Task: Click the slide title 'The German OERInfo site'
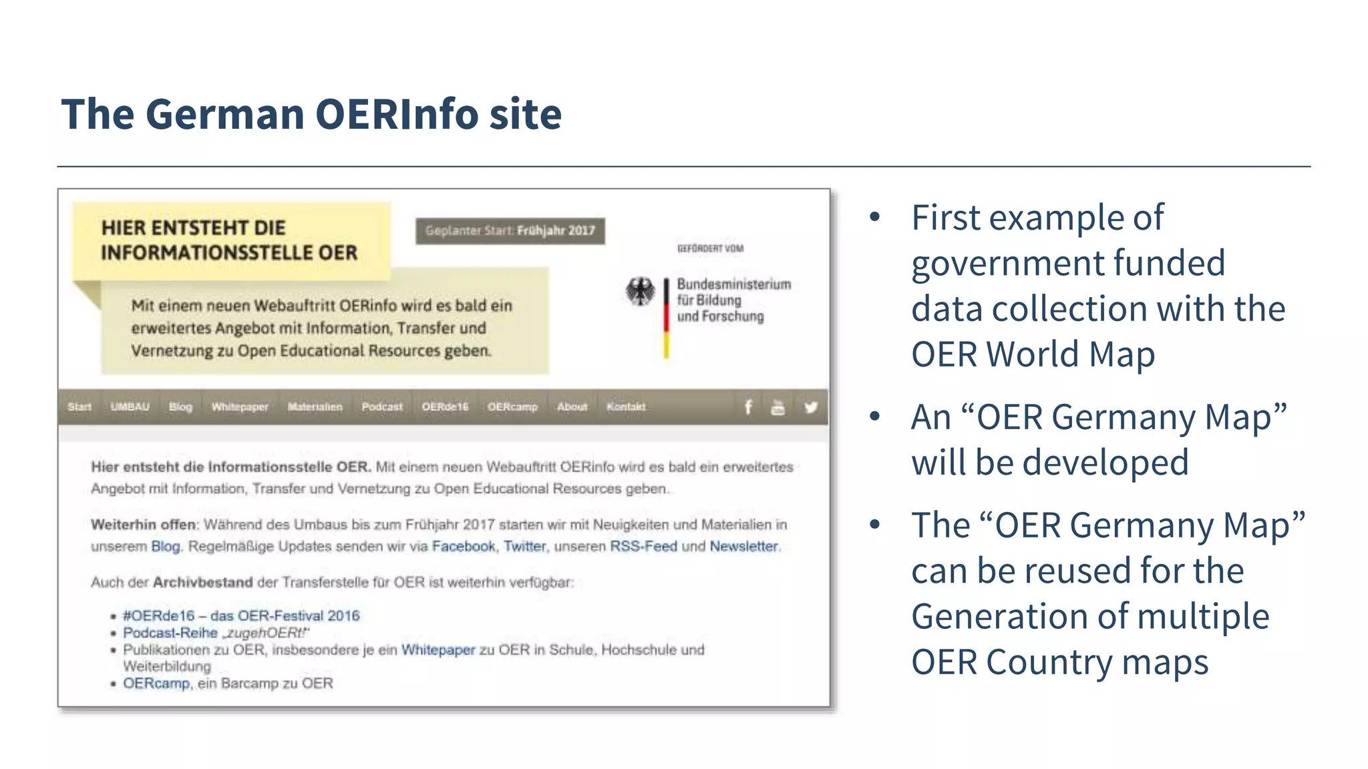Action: coord(311,114)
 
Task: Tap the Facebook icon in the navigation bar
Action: coord(748,407)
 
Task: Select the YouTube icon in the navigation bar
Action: coord(778,407)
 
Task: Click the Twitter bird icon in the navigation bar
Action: coord(810,407)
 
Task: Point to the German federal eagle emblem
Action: coord(640,292)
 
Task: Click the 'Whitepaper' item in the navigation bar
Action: coord(240,407)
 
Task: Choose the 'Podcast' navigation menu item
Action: coord(382,407)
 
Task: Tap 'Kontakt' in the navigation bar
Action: coord(626,407)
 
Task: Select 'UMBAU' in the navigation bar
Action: coord(130,407)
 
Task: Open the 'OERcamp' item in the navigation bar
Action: coord(512,407)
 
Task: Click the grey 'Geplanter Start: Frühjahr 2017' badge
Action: coord(510,231)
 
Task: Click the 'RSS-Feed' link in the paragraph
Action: coord(643,546)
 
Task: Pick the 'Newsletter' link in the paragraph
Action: coord(743,546)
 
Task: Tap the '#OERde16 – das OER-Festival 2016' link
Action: coord(241,615)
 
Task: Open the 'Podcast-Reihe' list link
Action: coord(170,633)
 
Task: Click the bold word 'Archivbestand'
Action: coord(202,582)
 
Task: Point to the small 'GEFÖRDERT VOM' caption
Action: coord(710,248)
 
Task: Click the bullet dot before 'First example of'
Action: coord(875,218)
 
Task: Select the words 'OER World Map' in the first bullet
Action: coord(1033,354)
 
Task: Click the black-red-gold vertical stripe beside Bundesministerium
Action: coord(666,318)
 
